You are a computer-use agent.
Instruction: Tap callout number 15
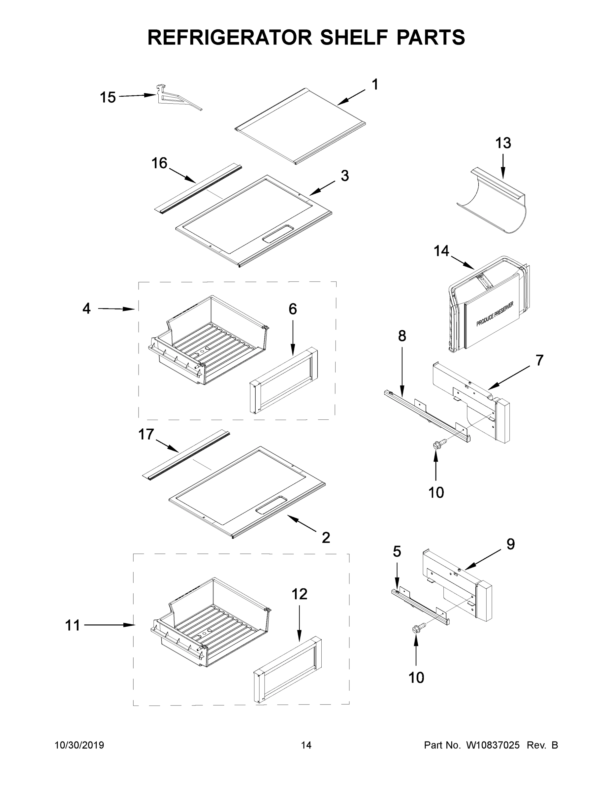click(x=108, y=98)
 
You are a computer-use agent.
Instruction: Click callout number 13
click(x=503, y=143)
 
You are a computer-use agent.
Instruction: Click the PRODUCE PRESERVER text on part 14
click(x=495, y=314)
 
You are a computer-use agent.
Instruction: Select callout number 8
click(x=402, y=336)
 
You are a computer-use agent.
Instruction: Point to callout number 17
click(x=146, y=434)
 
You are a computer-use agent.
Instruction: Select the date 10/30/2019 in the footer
click(x=79, y=745)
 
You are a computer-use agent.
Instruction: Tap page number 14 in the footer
click(x=306, y=745)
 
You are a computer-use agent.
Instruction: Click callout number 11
click(x=73, y=625)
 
